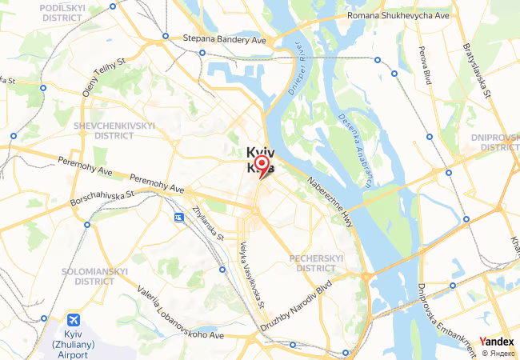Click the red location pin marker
pyautogui.click(x=261, y=165)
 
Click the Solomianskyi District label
pyautogui.click(x=95, y=276)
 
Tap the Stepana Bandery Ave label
pyautogui.click(x=224, y=38)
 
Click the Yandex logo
pyautogui.click(x=497, y=341)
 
